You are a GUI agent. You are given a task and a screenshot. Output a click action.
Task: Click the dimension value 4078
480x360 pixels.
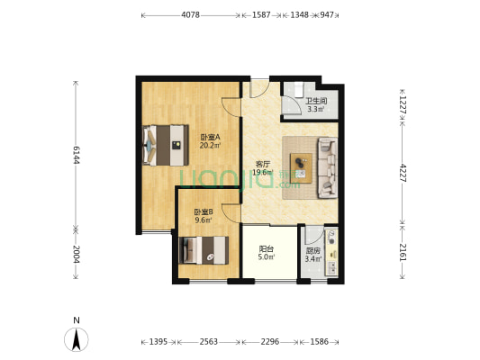(x=190, y=14)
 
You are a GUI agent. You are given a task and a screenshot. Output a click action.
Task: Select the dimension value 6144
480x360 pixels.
(x=77, y=155)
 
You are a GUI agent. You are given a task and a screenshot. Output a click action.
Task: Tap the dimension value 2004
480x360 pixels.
(x=77, y=254)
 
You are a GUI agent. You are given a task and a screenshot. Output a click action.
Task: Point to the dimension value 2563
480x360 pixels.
(x=208, y=341)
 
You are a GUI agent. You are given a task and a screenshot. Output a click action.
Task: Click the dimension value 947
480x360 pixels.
(x=327, y=14)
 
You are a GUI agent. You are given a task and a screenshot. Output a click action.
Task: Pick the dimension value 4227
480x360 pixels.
(x=403, y=173)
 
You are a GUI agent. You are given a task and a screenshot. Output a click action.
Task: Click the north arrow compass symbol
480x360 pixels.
(x=77, y=339)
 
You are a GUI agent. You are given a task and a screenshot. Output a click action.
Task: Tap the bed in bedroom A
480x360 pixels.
(x=166, y=145)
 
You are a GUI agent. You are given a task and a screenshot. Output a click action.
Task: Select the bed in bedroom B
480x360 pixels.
(x=204, y=250)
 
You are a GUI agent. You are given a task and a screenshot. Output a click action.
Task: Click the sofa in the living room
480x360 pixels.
(x=328, y=167)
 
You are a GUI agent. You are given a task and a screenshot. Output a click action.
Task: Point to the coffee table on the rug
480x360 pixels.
(x=301, y=168)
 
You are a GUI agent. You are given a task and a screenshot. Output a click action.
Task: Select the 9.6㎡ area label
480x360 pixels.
(x=204, y=220)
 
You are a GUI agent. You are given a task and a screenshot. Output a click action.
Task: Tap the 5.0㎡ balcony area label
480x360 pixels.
(x=267, y=256)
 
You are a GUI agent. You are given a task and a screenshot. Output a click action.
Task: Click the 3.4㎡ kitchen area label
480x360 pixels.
(x=313, y=259)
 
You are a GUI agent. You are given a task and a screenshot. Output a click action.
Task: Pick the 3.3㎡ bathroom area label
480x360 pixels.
(x=316, y=109)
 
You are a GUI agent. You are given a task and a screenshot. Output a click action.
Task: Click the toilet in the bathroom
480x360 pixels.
(x=298, y=89)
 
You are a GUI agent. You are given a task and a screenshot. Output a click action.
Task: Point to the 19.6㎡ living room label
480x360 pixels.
(x=263, y=172)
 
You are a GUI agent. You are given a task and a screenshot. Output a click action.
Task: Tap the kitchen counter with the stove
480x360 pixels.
(x=331, y=252)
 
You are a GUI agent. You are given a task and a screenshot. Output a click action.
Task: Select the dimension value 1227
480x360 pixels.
(x=403, y=105)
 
